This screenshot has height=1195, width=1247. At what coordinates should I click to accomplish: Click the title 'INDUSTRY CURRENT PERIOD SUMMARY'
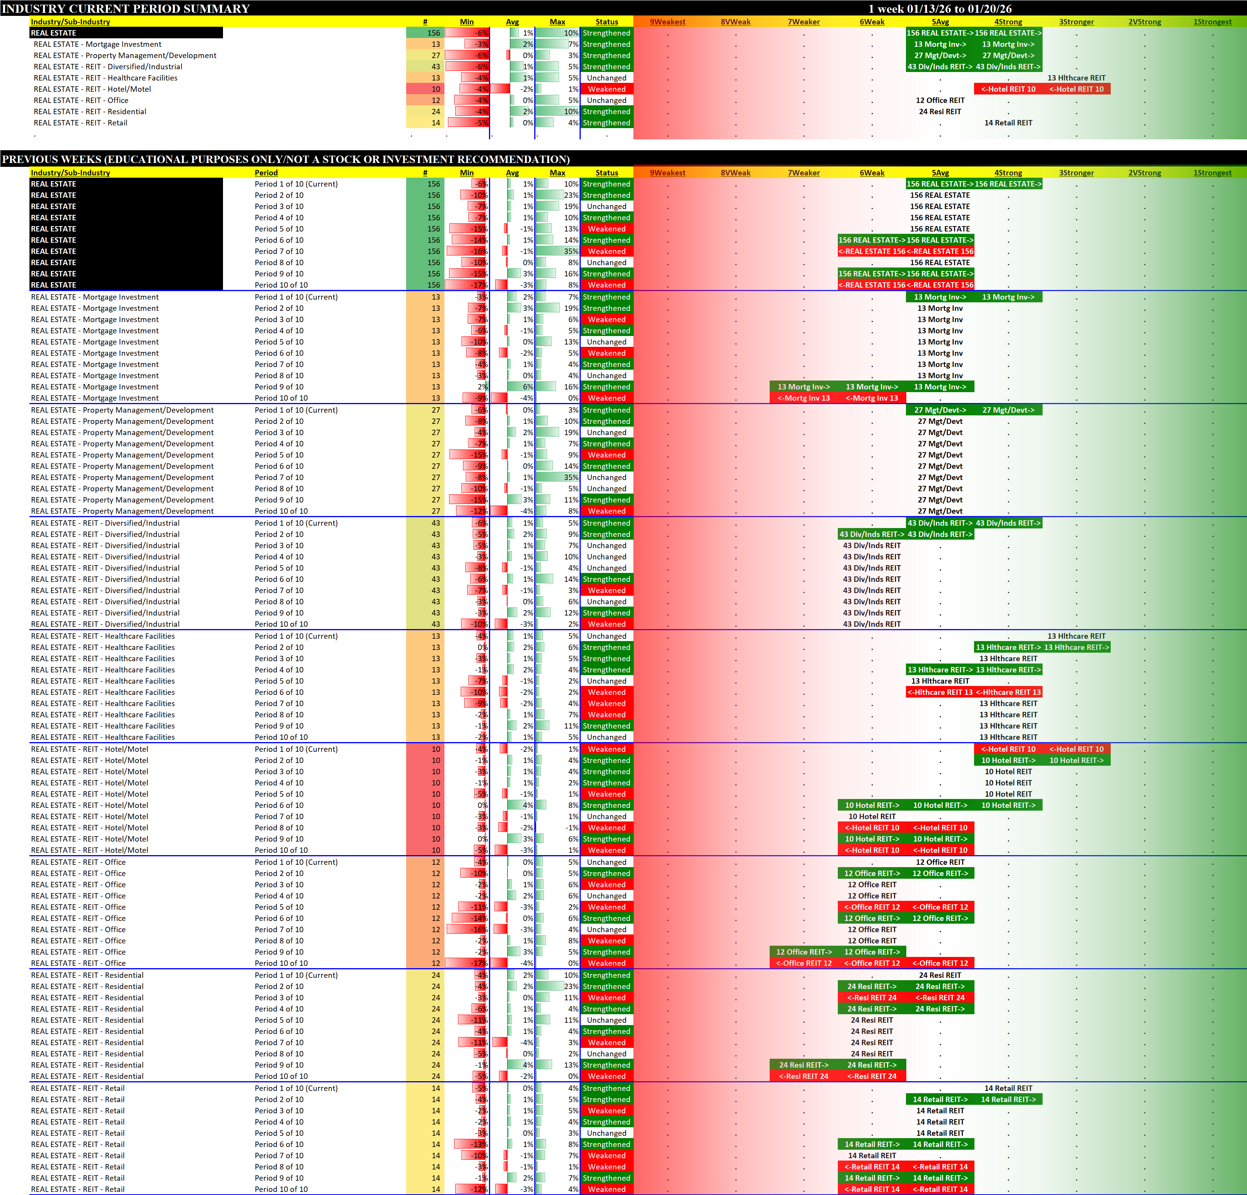coord(125,8)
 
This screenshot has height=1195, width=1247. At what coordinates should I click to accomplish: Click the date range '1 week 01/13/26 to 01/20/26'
coord(940,8)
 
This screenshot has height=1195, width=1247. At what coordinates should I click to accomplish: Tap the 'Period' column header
coord(266,172)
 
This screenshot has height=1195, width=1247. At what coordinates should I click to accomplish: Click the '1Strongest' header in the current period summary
coord(1212,22)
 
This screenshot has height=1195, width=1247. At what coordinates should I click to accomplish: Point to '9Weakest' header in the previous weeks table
coord(667,172)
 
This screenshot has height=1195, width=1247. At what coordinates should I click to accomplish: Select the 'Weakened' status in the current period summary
coord(606,89)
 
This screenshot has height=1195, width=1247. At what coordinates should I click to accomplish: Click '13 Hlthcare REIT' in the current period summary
coord(1077,78)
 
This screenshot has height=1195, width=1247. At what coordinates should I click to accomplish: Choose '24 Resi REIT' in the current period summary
coord(940,111)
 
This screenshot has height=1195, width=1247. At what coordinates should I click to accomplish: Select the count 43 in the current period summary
coord(435,67)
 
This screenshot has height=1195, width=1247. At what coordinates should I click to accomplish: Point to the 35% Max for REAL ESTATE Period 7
coord(571,251)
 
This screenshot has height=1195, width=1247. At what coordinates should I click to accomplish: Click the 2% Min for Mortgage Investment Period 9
coord(484,387)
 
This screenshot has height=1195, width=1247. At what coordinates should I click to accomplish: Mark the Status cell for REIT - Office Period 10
coord(606,963)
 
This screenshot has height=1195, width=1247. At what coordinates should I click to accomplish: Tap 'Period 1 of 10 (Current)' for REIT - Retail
coord(296,1088)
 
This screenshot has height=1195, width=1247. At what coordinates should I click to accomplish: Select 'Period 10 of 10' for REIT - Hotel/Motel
coord(281,850)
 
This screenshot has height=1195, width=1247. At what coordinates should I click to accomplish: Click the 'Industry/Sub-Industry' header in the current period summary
coord(70,22)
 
